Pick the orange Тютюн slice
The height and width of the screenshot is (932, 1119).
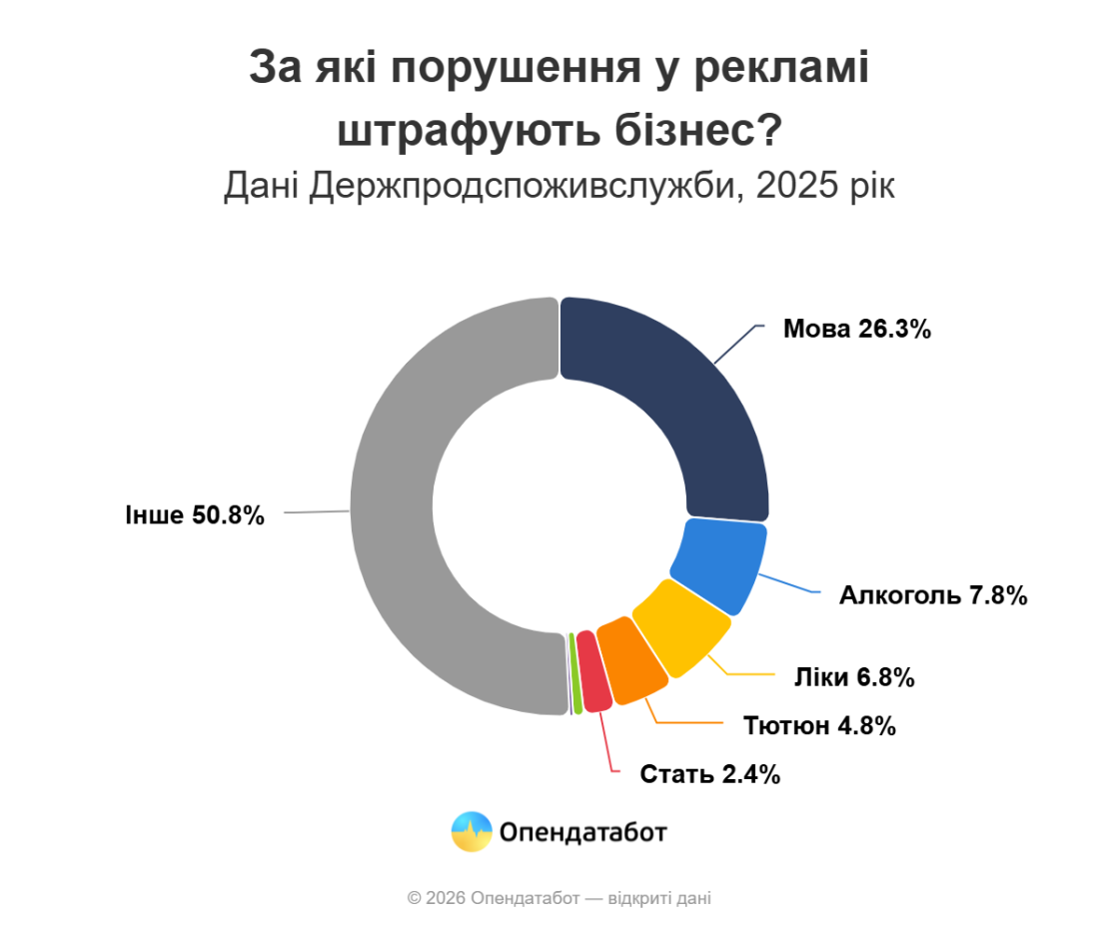tap(631, 661)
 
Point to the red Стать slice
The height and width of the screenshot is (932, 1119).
tap(593, 672)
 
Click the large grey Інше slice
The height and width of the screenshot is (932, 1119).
tap(400, 509)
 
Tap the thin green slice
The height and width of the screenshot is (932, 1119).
tap(575, 673)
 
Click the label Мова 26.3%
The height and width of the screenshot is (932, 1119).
tap(856, 330)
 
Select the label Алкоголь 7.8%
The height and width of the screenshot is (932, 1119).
tap(933, 596)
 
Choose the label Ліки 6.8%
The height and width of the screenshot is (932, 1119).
tap(854, 677)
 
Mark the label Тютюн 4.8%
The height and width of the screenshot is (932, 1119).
tap(819, 725)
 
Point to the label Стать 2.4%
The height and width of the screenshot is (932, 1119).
tap(709, 773)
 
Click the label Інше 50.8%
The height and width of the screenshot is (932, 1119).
tap(195, 515)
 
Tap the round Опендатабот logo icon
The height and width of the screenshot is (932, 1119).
tap(472, 831)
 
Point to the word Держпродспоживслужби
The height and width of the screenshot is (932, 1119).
tap(526, 186)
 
